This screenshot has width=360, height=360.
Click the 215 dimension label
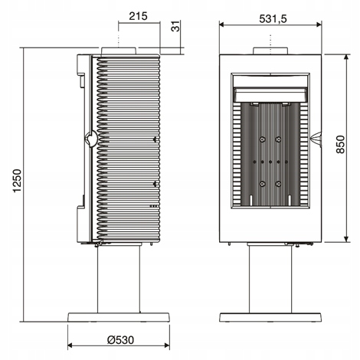[x=138, y=16]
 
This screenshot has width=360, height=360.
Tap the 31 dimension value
[x=175, y=26]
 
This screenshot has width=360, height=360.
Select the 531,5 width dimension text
[x=273, y=18]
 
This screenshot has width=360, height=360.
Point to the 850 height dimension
[x=340, y=144]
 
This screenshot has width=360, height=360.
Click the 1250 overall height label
[x=17, y=181]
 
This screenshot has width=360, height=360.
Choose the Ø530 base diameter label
[x=120, y=340]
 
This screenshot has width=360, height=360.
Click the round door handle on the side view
[x=91, y=139]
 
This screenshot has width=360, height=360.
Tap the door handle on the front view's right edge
[x=316, y=139]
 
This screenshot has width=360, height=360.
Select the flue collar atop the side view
[x=119, y=51]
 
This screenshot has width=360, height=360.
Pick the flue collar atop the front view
[x=270, y=51]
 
